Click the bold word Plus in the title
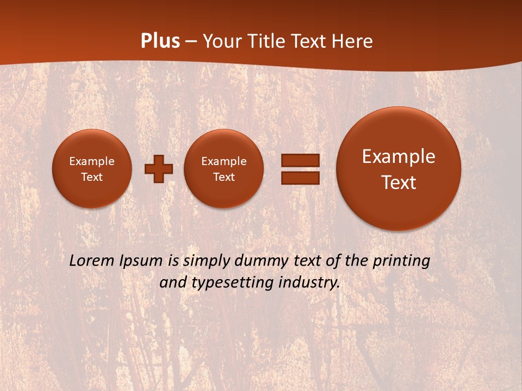point(160,41)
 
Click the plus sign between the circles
point(159,169)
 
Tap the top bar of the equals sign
point(300,161)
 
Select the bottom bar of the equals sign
point(300,178)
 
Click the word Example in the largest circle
point(399,156)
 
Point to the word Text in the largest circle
point(399,182)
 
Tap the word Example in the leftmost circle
point(92,161)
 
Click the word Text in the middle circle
point(223,177)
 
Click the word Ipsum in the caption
point(142,261)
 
